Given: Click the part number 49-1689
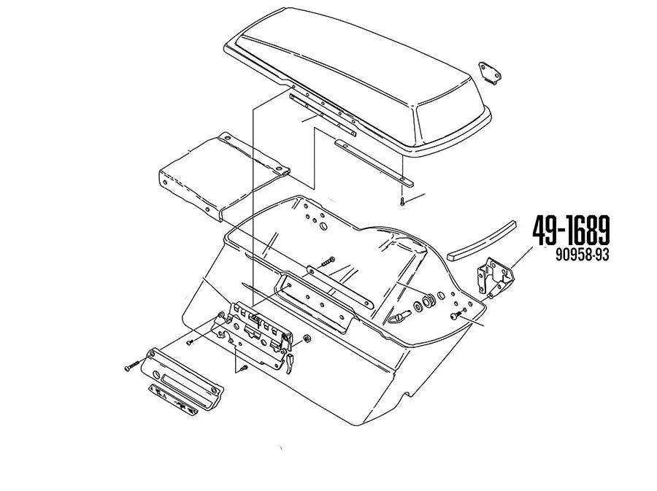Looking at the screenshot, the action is click(x=571, y=231).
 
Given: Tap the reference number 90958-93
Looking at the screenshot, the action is click(x=582, y=255).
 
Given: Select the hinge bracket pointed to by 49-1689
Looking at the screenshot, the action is click(x=496, y=277).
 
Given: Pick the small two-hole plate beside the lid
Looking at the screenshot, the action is click(x=490, y=73).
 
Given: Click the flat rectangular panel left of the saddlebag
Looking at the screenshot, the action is click(x=224, y=176).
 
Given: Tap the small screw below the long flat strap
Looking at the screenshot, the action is click(x=402, y=201).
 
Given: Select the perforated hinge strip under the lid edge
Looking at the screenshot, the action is click(x=323, y=115).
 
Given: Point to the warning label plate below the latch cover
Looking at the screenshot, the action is click(x=173, y=400).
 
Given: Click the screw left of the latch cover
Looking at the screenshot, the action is click(x=131, y=366).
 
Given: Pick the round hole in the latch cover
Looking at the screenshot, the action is click(x=156, y=374).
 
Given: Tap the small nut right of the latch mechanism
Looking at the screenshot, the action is click(x=307, y=339).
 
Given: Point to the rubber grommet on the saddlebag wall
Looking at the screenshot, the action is click(x=429, y=301).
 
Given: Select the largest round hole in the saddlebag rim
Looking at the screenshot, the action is click(x=323, y=226).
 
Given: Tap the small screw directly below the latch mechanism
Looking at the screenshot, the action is click(x=243, y=368).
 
